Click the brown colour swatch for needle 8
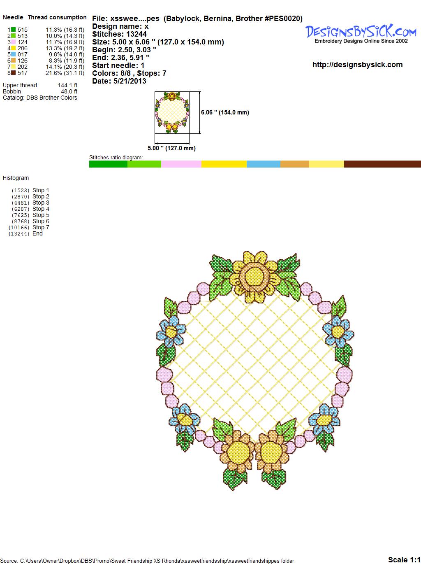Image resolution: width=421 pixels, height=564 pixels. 13,73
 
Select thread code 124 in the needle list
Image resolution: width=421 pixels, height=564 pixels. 23,42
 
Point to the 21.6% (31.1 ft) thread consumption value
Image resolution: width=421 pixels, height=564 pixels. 65,73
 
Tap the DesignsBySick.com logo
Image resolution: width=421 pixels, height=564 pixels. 361,34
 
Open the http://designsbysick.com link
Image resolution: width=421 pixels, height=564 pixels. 357,65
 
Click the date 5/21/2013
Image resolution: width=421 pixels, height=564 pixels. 130,81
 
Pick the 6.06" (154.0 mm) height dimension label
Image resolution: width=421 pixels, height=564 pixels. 225,112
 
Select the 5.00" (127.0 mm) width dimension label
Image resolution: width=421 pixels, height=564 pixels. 171,148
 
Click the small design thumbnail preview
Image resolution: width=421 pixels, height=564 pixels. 172,112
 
